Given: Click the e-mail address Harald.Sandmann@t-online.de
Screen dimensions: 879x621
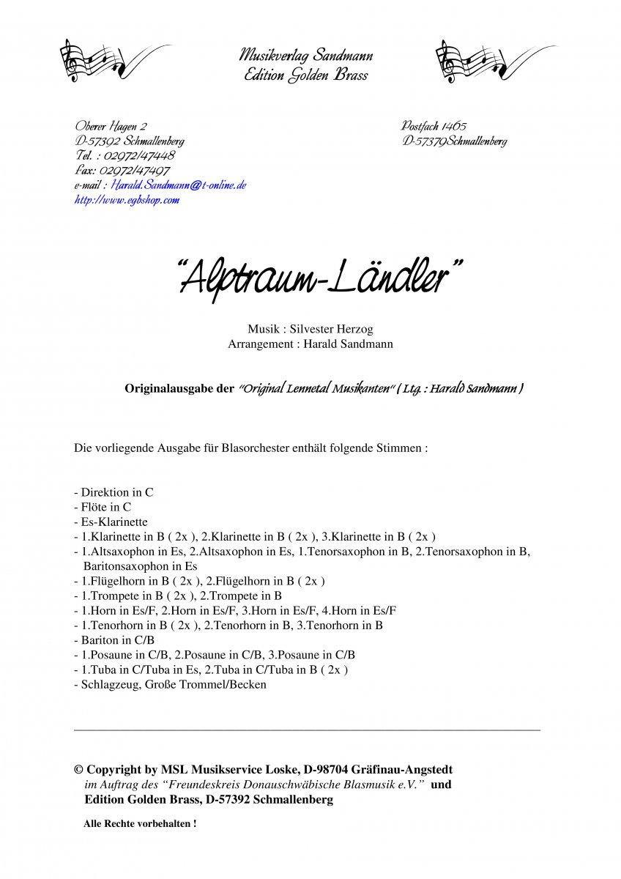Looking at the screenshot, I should (x=179, y=185).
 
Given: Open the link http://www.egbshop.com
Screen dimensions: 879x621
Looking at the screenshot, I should (x=127, y=200).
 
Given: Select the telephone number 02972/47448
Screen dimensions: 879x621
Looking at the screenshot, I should (x=140, y=156).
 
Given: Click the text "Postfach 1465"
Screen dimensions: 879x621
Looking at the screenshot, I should (x=434, y=127).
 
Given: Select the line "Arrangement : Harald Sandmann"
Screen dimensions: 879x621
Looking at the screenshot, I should (x=310, y=344).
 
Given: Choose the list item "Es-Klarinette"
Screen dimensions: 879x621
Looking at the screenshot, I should (x=111, y=522).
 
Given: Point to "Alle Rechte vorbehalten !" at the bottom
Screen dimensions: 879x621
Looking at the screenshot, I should (x=140, y=823).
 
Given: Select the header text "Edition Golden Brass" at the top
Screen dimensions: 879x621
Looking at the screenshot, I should (x=306, y=75).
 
